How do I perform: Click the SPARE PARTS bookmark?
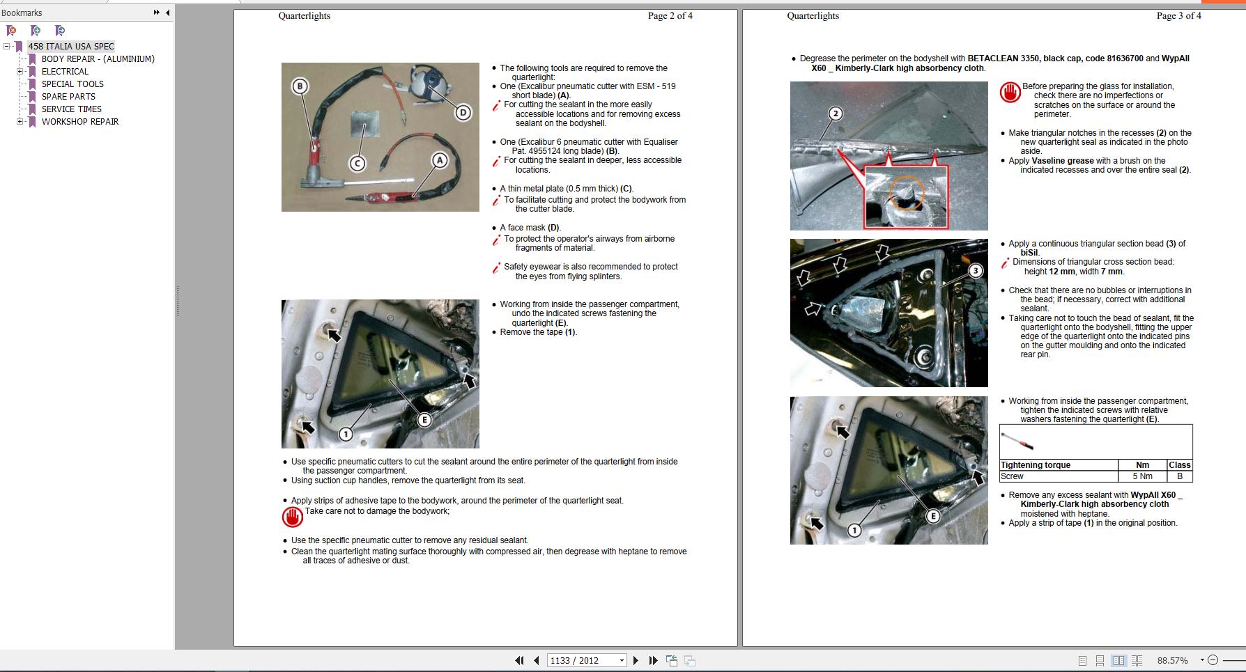68,96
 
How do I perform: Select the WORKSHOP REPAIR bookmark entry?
79,121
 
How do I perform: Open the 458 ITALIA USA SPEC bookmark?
70,46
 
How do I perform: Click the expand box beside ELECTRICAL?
20,71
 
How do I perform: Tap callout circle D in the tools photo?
463,112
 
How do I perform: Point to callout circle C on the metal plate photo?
357,164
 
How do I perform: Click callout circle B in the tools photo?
300,86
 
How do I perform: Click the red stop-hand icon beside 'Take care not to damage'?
293,517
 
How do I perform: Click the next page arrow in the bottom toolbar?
636,660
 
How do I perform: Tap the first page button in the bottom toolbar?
519,660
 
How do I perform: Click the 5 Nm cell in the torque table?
1142,476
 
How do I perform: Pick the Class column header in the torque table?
1179,465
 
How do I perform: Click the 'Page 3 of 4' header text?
1178,15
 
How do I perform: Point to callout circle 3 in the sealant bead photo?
976,271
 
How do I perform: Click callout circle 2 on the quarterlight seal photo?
836,114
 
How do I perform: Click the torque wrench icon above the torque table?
1017,442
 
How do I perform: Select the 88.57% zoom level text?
1172,660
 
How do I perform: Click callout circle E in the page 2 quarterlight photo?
424,419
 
